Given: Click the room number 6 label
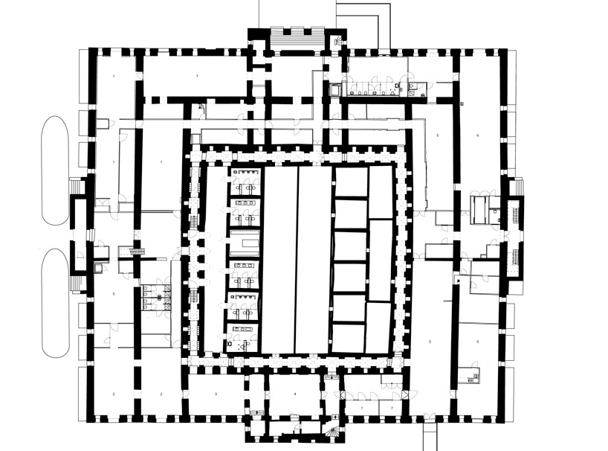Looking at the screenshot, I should point(478,135).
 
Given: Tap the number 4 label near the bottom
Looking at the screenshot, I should point(294,393).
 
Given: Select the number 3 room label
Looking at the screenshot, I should point(216,393).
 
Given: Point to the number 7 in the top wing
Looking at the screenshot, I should point(197,77).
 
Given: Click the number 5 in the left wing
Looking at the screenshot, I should point(113,295).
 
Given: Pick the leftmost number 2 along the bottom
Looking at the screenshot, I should point(113,393).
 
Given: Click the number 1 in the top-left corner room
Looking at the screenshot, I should point(113,77).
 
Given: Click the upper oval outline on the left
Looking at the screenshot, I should point(55,170).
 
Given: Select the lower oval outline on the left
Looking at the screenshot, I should point(55,303).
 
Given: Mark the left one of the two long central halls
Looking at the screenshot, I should point(279,259).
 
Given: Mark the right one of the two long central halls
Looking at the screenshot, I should point(314,259).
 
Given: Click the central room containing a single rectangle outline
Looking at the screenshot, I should point(245,243).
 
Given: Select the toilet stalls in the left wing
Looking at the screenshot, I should point(156,296).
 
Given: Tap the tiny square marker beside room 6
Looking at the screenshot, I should point(462,102).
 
